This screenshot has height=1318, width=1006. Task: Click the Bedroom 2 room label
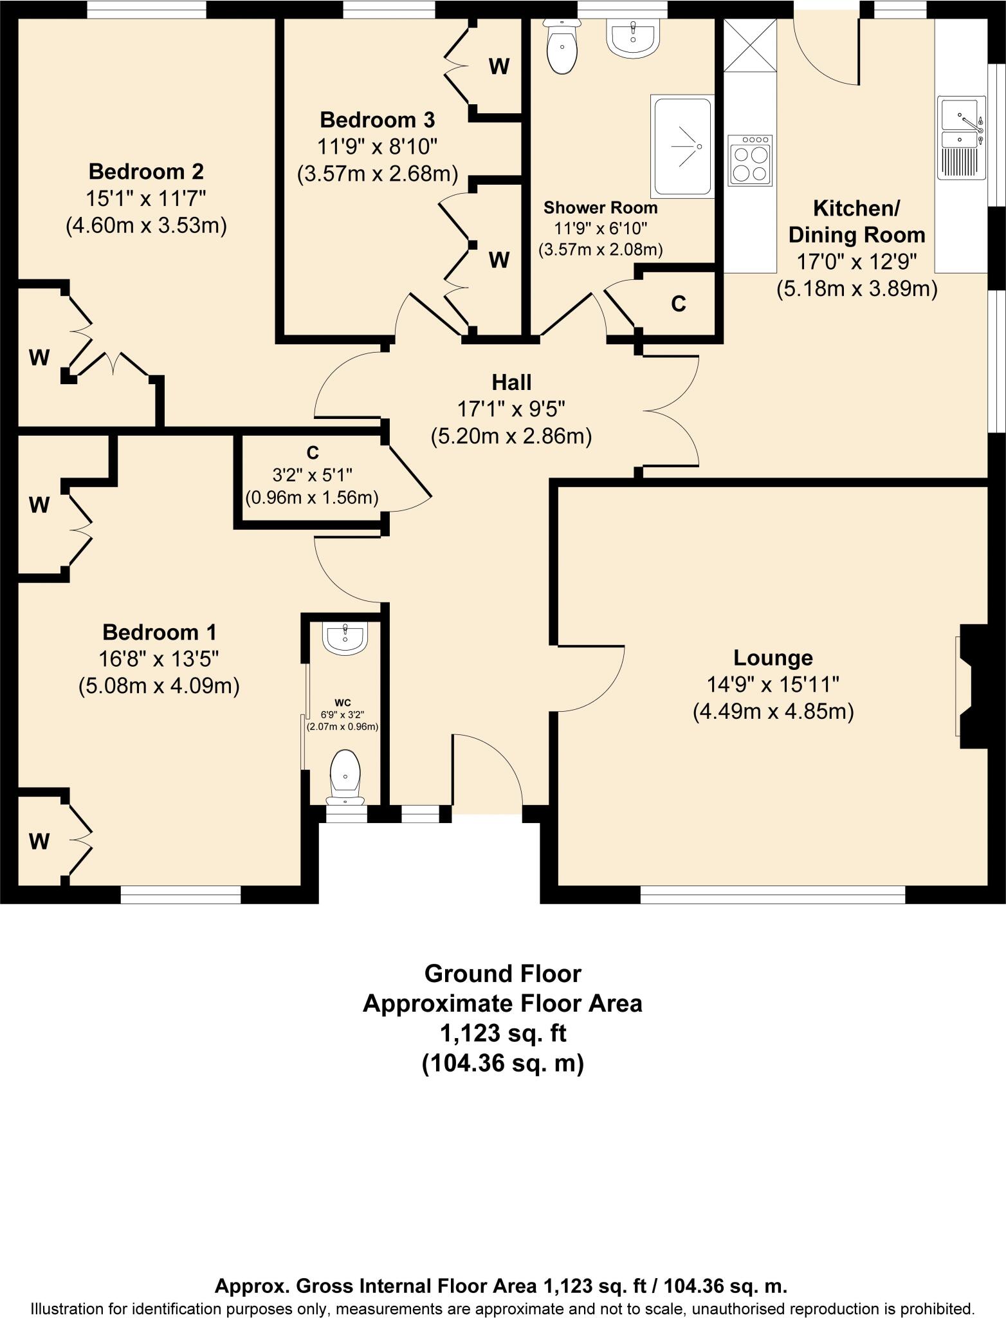click(x=146, y=172)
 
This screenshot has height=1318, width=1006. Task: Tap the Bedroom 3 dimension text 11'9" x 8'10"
click(x=377, y=147)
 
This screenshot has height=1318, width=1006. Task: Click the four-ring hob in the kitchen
click(x=749, y=161)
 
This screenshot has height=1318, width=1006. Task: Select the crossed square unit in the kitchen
click(x=750, y=45)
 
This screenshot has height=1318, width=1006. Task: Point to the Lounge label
click(x=773, y=658)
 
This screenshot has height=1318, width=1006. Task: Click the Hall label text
click(x=511, y=382)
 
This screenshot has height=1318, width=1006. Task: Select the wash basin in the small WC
click(x=346, y=637)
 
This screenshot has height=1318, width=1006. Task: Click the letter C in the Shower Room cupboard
click(x=678, y=304)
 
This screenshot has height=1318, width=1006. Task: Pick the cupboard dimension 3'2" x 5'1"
click(x=312, y=475)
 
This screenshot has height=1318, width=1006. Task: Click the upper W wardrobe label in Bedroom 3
click(x=499, y=66)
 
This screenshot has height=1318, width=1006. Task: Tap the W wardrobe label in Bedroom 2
click(x=39, y=357)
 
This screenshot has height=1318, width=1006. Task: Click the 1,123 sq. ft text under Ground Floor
click(x=502, y=1034)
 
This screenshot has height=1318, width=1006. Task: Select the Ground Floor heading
click(x=502, y=974)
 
